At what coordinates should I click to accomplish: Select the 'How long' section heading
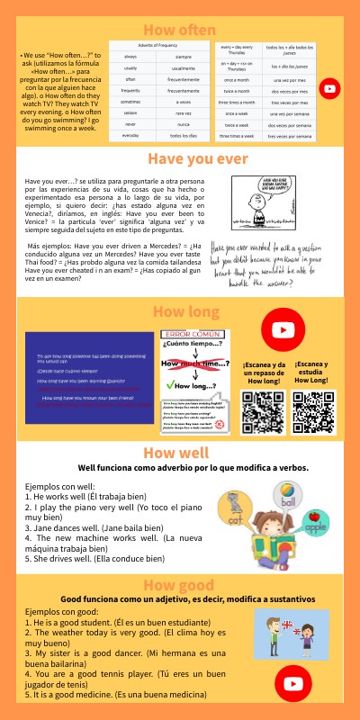point(180,312)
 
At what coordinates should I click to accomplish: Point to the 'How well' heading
point(180,453)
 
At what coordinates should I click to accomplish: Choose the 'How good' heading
point(180,558)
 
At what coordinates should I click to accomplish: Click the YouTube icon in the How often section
point(330,88)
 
